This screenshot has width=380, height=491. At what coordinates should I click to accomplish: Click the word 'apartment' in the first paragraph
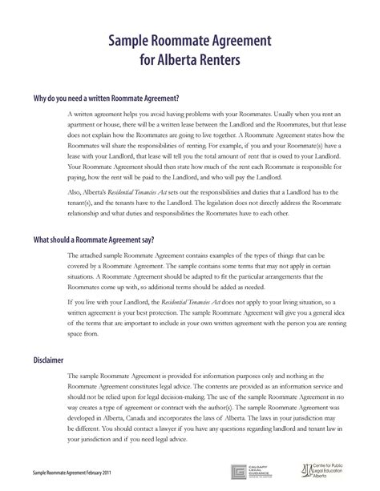click(85, 127)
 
